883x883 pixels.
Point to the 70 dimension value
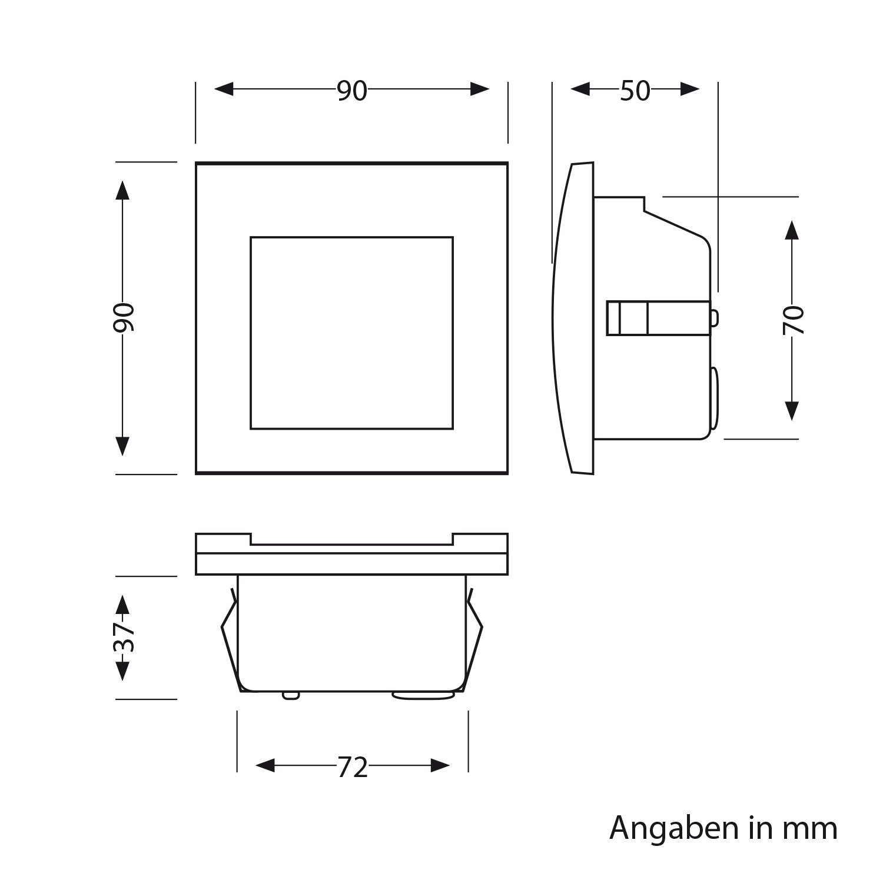click(793, 320)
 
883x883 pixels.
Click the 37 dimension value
click(124, 637)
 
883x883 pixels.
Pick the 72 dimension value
click(353, 767)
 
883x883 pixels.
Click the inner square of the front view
click(351, 333)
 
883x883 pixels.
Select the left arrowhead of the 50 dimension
click(580, 89)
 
